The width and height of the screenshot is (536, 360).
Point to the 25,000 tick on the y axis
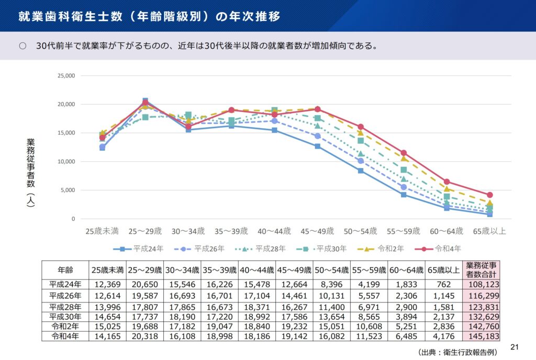[x=66, y=76]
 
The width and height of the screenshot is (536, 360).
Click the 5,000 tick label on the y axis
[x=68, y=190]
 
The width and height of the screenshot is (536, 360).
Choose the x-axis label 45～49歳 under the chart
[x=317, y=231]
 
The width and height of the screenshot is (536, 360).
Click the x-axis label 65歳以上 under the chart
[x=489, y=231]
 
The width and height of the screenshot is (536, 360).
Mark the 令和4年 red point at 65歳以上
[x=489, y=195]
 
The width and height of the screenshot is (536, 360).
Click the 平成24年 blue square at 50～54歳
[x=361, y=171]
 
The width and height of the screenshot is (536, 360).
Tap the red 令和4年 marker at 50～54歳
[x=361, y=127]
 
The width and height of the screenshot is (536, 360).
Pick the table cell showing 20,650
[x=144, y=285]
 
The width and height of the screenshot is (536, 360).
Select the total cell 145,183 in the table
[x=481, y=336]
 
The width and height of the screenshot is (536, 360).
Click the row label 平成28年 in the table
[x=65, y=307]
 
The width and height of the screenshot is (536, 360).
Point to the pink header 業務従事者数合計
[x=481, y=270]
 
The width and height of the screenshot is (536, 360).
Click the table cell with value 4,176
[x=443, y=336]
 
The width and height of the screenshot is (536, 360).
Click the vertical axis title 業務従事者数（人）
[x=31, y=173]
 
